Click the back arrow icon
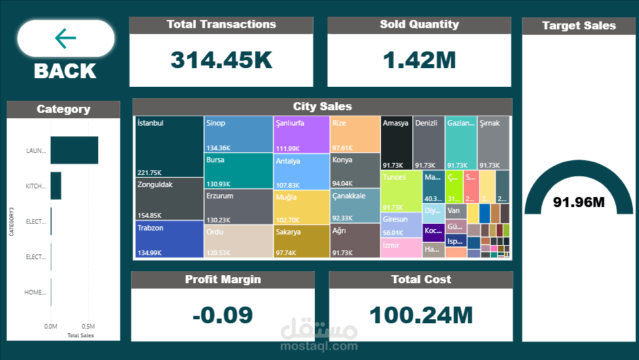(66, 39)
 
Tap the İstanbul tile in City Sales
(169, 146)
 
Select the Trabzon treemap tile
(169, 238)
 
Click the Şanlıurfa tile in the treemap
(301, 134)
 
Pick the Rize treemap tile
(355, 134)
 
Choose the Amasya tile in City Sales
(396, 142)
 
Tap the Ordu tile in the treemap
(238, 241)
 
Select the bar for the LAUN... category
(74, 150)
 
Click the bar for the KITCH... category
(55, 186)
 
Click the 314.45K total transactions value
(221, 60)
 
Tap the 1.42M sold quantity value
(419, 60)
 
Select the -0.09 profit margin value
(223, 315)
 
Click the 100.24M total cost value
(420, 315)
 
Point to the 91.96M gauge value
(579, 202)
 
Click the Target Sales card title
(579, 25)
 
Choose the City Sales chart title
(322, 106)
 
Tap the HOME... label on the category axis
(35, 293)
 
